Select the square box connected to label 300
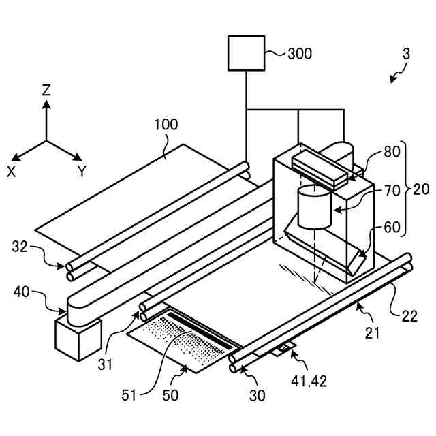pos(246,53)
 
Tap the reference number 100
pos(166,125)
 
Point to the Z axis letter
pos(46,89)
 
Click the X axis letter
pos(12,172)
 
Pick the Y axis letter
pos(82,172)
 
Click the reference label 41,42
pos(309,380)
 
